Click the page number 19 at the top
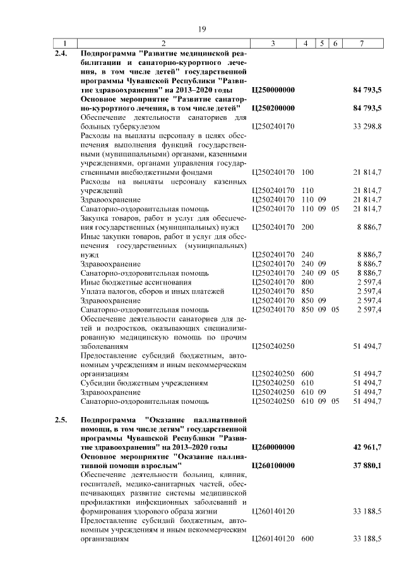pos(202,29)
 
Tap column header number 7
pos(360,43)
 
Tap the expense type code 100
pos(308,172)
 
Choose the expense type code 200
pos(308,227)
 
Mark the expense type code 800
pos(308,282)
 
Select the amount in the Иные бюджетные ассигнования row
pos(367,282)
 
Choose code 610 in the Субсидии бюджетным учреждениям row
pos(308,382)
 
